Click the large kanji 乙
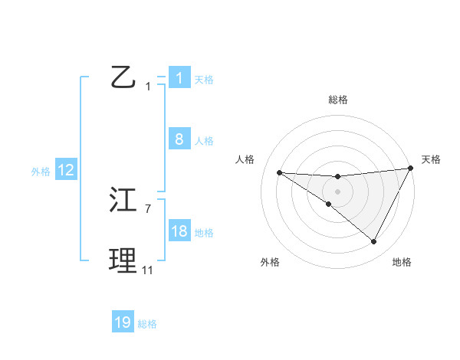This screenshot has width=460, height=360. coord(123,77)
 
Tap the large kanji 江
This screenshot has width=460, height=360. coord(123,201)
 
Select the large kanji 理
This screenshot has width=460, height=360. coord(123,261)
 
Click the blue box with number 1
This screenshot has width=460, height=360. coord(179,77)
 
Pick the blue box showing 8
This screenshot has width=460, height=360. coord(179,139)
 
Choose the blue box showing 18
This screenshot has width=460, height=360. coord(179,231)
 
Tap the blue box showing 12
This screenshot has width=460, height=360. coord(65,170)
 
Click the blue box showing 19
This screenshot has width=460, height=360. coord(123,322)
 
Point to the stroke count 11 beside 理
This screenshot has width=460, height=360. coord(147,270)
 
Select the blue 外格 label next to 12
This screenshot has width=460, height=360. coord(41,172)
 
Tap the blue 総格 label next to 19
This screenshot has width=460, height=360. coord(147,324)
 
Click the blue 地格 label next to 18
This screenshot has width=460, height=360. coord(204,233)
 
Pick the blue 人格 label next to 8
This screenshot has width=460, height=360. coord(204,141)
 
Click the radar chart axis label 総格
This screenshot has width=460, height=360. coord(338,100)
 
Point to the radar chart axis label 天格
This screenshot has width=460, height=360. coord(431,159)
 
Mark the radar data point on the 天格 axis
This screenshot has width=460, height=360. coord(411,168)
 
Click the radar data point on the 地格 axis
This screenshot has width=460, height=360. coord(374,242)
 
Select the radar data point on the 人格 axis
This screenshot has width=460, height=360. coord(279,172)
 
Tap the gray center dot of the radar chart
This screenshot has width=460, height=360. coord(337,191)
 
